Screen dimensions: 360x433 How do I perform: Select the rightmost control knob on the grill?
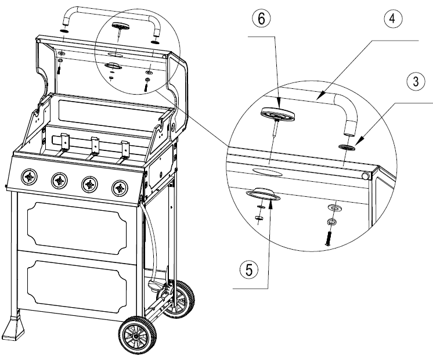click(x=120, y=187)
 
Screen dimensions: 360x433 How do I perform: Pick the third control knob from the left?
click(x=89, y=184)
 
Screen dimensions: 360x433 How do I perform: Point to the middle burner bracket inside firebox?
click(x=93, y=146)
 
